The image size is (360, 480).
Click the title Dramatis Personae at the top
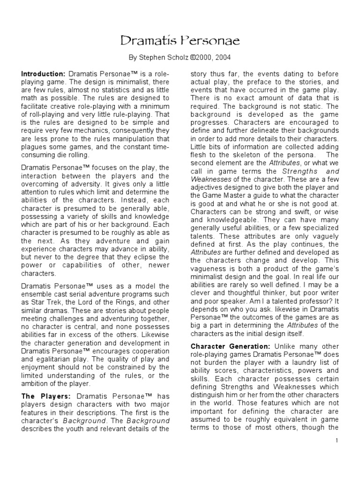tap(180, 41)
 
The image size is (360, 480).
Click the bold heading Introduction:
tap(44, 75)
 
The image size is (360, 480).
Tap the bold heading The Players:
tap(45, 397)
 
